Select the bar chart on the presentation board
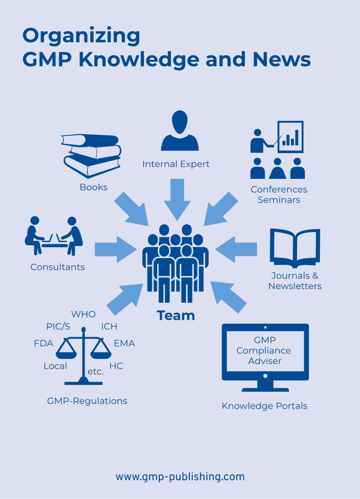tap(291, 137)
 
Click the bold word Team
tap(176, 315)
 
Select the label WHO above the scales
tap(83, 314)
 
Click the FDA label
tap(44, 344)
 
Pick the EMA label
tap(124, 344)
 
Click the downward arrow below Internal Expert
tap(177, 198)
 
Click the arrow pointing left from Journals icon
tap(237, 249)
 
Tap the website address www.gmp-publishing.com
tap(180, 477)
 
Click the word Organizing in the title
tap(81, 36)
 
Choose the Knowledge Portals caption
tap(264, 406)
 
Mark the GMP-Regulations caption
tap(87, 401)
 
